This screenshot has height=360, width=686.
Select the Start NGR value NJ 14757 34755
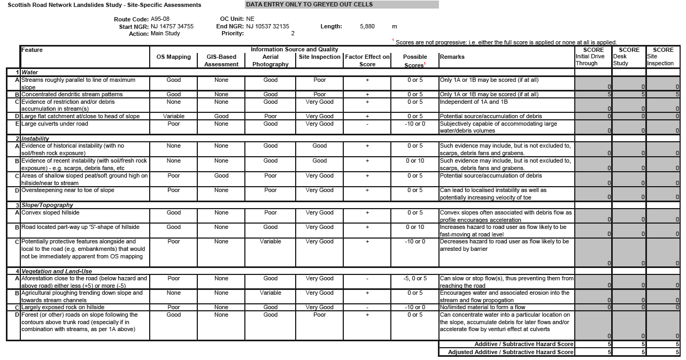(x=172, y=26)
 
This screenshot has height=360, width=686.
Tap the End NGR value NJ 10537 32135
(x=267, y=26)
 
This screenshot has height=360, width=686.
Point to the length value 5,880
(x=367, y=26)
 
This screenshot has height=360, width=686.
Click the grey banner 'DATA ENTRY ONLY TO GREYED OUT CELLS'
(x=342, y=5)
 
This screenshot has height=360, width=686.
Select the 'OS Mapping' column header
(x=173, y=57)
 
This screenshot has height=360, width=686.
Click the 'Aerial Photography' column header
(x=271, y=60)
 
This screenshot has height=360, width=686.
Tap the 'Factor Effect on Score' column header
(x=367, y=60)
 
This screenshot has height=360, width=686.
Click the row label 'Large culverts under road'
(x=55, y=124)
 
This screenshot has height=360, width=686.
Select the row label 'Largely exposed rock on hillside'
(x=63, y=308)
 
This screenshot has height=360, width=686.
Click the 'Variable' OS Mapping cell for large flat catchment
(x=173, y=117)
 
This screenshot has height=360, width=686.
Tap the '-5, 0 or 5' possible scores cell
(x=415, y=279)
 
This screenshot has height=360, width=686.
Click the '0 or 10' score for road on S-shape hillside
(x=415, y=227)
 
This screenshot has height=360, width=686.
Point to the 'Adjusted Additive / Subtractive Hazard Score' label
(x=511, y=352)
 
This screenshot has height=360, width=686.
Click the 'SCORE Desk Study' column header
(x=628, y=57)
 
